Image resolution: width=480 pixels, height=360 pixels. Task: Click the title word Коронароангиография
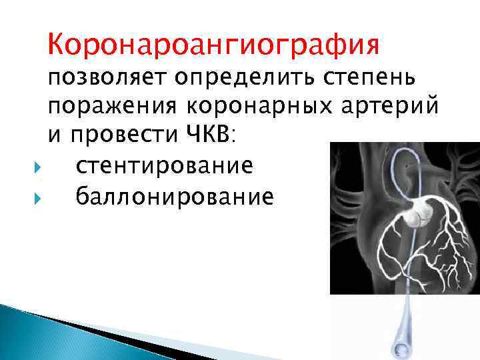pos(213,45)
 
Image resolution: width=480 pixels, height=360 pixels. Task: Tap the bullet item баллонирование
pos(174,197)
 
